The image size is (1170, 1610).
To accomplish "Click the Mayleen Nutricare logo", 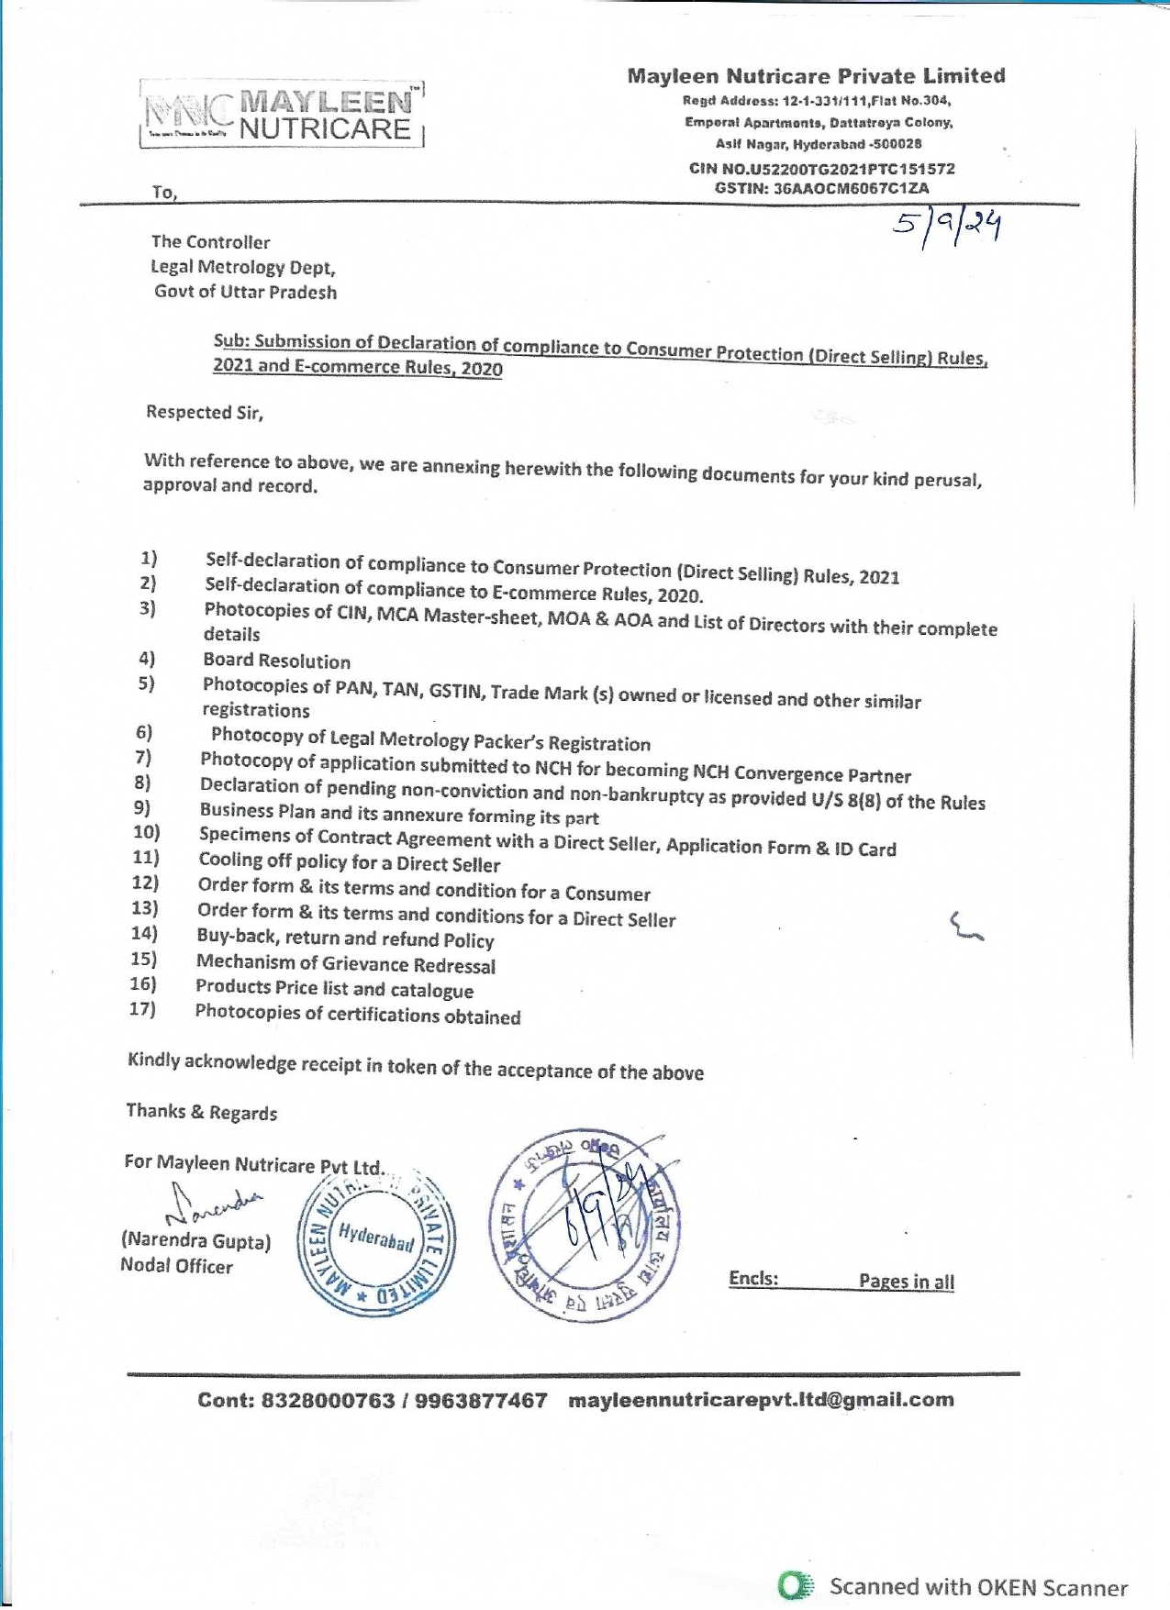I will (x=283, y=115).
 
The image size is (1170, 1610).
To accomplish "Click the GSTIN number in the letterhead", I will (x=822, y=188).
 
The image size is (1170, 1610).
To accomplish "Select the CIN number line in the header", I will (x=822, y=169).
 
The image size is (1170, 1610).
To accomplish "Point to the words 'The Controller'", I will (x=211, y=242).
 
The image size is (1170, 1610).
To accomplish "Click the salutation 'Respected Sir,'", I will (x=205, y=412).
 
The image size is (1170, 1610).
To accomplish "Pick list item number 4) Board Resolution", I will (x=276, y=661).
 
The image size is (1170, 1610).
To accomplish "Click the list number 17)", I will (x=142, y=1009).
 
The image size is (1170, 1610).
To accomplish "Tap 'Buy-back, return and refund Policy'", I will (x=345, y=938).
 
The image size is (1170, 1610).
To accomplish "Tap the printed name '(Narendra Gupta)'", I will (x=195, y=1241).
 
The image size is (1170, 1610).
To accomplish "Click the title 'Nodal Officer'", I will (x=176, y=1266).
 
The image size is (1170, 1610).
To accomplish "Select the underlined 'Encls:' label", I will (x=753, y=1279).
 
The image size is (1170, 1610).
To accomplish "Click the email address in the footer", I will (x=761, y=1400).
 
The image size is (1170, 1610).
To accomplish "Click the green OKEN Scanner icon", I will (x=796, y=1586).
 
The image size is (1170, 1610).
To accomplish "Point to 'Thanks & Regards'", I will (x=202, y=1112).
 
